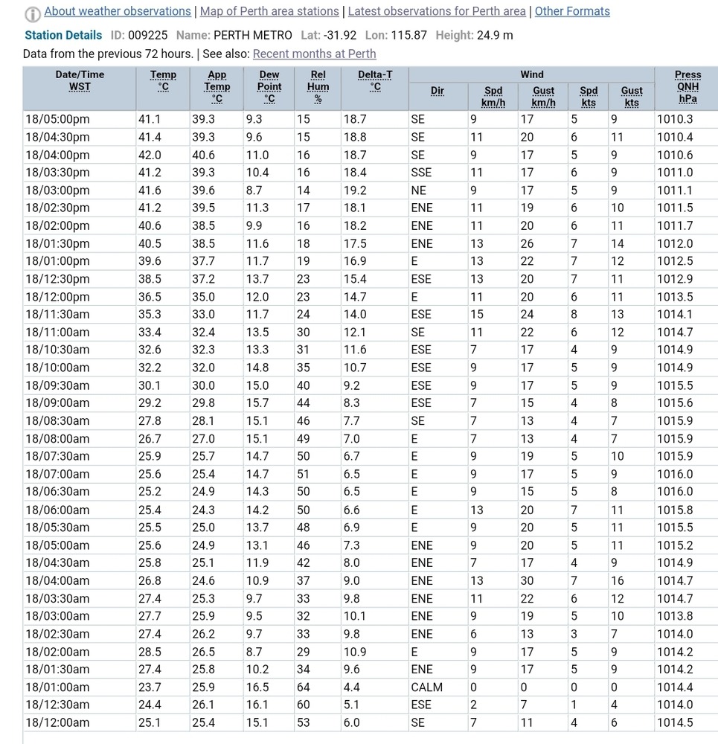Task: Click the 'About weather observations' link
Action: pos(118,11)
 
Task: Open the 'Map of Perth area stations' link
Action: pos(269,11)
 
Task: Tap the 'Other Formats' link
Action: pos(572,11)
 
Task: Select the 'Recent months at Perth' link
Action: pos(314,54)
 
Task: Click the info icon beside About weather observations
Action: pos(33,13)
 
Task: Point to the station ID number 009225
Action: pos(148,35)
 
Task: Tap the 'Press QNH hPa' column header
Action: pos(687,86)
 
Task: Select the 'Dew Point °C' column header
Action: pos(269,86)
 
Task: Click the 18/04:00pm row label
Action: pos(57,155)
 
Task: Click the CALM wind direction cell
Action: pos(426,687)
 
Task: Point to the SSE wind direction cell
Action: pos(421,173)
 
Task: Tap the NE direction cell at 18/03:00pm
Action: pos(418,190)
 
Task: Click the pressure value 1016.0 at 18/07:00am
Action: pos(674,474)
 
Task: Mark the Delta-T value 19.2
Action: pos(355,190)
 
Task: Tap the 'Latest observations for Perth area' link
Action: pos(437,11)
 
